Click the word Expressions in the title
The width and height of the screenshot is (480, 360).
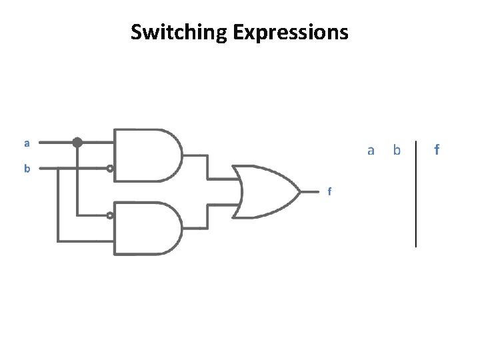[x=291, y=31]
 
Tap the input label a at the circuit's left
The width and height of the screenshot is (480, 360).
[x=27, y=142]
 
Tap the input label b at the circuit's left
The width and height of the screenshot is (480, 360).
[x=27, y=169]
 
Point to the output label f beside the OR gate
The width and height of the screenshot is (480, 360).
[x=329, y=192]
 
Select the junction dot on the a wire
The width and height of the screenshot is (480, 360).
[x=77, y=142]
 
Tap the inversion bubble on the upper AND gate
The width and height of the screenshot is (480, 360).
[x=110, y=169]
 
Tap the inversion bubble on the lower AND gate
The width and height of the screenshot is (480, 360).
[x=110, y=215]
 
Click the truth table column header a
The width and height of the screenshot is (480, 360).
[x=371, y=150]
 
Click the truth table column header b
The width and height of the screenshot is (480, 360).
[x=397, y=150]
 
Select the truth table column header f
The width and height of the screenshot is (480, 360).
[x=437, y=150]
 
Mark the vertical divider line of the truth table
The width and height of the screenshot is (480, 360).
[x=416, y=193]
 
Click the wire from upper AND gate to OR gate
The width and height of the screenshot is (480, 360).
[x=207, y=166]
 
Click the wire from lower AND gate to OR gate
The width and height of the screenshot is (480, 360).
[x=207, y=217]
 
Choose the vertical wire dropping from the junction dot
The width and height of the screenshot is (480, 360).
[x=77, y=180]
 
